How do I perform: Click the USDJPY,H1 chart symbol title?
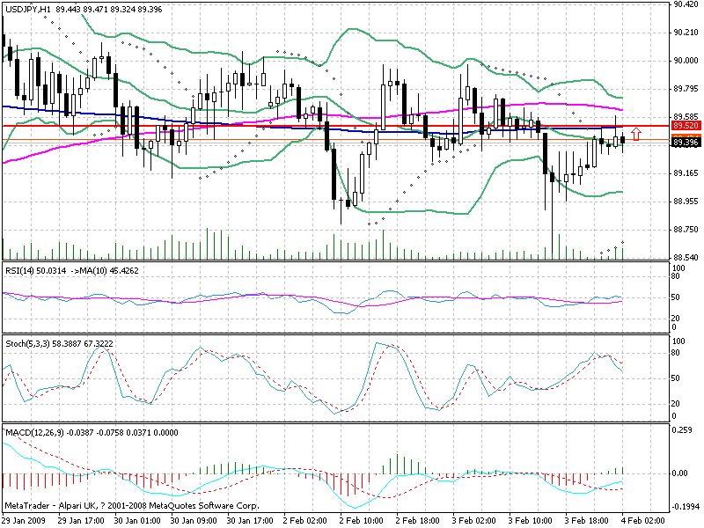[x=27, y=8]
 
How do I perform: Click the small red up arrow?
[x=636, y=135]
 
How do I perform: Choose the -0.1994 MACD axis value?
[x=685, y=508]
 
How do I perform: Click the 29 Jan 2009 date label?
[x=26, y=521]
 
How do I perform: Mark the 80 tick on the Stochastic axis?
[x=677, y=353]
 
